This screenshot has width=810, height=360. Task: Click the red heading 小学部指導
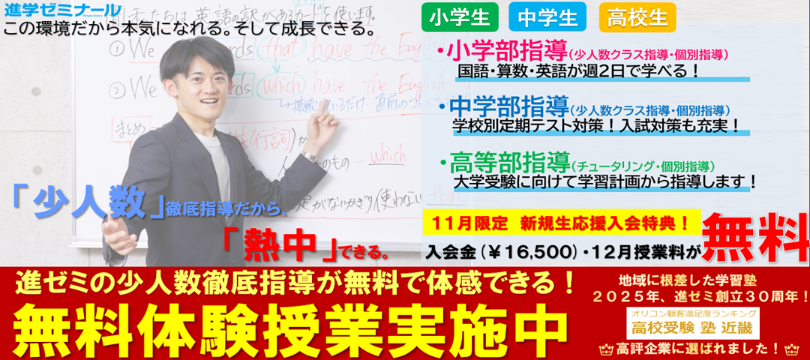pyautogui.click(x=506, y=53)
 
